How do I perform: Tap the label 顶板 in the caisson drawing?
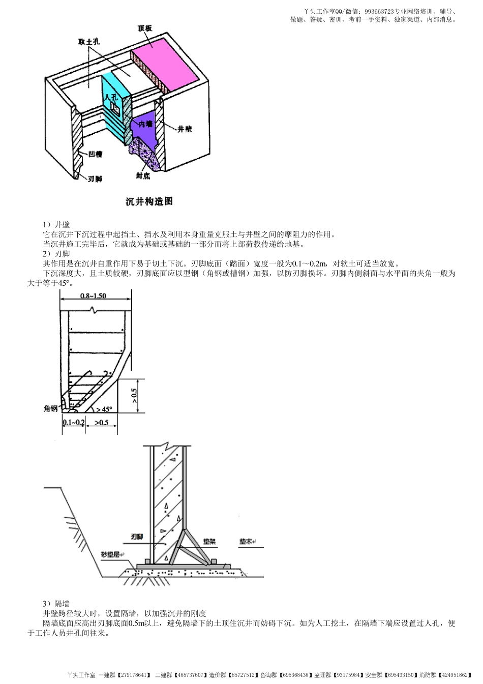coord(144,29)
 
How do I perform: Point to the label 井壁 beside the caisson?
coord(185,129)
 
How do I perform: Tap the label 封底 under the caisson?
coord(143,175)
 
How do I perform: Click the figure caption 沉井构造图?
coord(149,201)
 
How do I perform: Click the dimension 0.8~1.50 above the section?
coord(94,295)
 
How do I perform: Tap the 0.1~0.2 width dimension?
coord(74,422)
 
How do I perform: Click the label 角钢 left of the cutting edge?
coord(50,408)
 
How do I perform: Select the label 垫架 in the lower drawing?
coord(209,542)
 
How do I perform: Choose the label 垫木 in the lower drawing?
coord(246,542)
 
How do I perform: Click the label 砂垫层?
coord(110,554)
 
